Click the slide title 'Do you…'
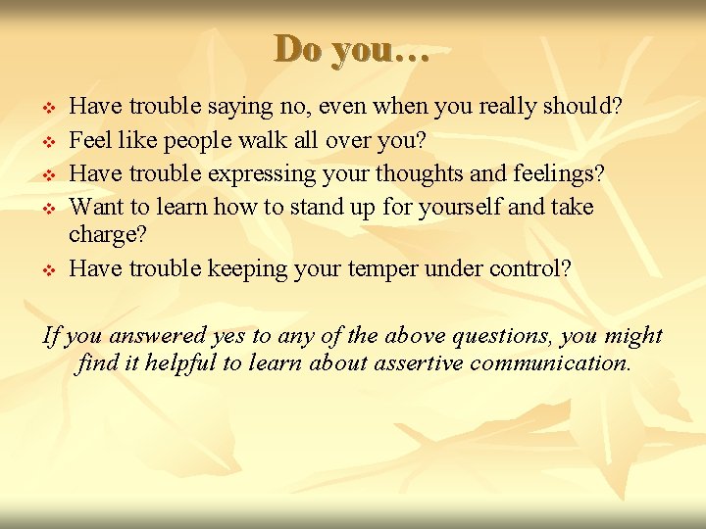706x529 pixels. (x=352, y=49)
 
